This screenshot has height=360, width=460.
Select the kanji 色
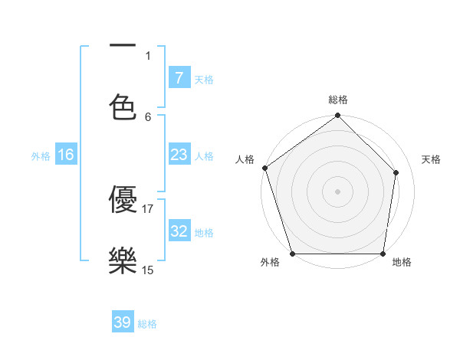(123, 107)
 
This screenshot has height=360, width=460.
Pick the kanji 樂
(123, 260)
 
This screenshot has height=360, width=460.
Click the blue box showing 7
(179, 77)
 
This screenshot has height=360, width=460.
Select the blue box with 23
(179, 155)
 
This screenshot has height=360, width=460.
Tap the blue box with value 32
(179, 231)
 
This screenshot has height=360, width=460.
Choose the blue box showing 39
(123, 322)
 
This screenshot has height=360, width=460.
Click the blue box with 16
(65, 155)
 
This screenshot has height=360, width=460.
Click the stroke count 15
(148, 270)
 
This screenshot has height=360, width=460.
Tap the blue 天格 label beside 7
(204, 79)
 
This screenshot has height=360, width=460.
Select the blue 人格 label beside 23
(204, 155)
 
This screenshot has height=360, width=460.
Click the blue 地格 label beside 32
(204, 232)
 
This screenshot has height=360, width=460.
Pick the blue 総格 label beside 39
(148, 324)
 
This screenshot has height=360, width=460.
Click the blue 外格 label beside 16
(41, 155)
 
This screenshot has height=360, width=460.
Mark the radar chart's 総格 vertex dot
(337, 116)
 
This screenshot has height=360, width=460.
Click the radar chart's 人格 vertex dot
(264, 168)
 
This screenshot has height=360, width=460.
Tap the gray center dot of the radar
(337, 191)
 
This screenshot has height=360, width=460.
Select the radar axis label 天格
(431, 159)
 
